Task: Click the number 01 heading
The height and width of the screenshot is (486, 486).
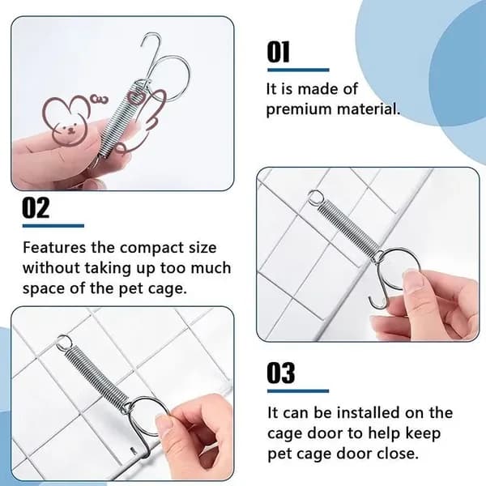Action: [x=279, y=52]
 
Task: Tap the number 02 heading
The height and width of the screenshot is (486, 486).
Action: [x=36, y=207]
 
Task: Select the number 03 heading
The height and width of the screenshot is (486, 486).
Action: [x=281, y=373]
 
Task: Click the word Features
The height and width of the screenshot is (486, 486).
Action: [x=54, y=248]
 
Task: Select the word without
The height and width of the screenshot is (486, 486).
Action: [x=51, y=268]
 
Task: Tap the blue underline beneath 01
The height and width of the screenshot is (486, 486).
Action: [x=298, y=70]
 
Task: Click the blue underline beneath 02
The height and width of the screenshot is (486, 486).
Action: [x=53, y=226]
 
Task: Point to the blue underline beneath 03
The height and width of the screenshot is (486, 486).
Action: [x=298, y=391]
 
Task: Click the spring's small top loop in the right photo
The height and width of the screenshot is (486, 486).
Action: [x=315, y=197]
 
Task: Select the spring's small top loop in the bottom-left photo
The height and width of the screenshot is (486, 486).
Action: [x=65, y=343]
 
